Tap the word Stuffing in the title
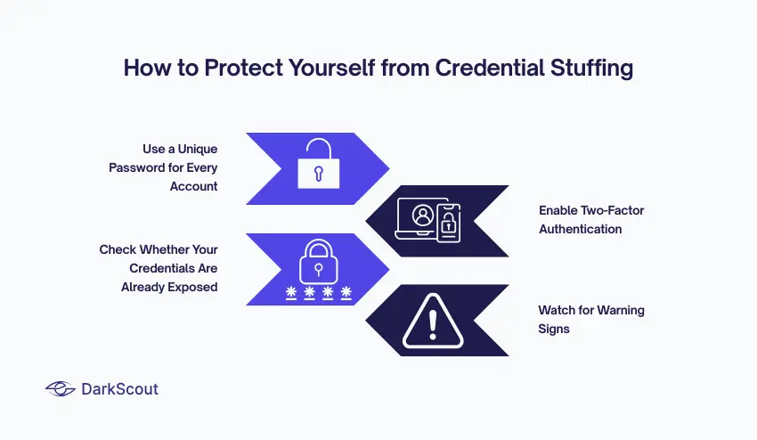click(592, 69)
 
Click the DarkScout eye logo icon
click(61, 388)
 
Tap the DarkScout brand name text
click(120, 389)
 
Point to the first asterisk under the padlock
click(290, 293)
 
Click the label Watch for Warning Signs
click(590, 319)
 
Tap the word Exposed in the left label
click(192, 287)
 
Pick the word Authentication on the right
click(580, 229)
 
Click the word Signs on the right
click(554, 329)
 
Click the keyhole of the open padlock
click(317, 172)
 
